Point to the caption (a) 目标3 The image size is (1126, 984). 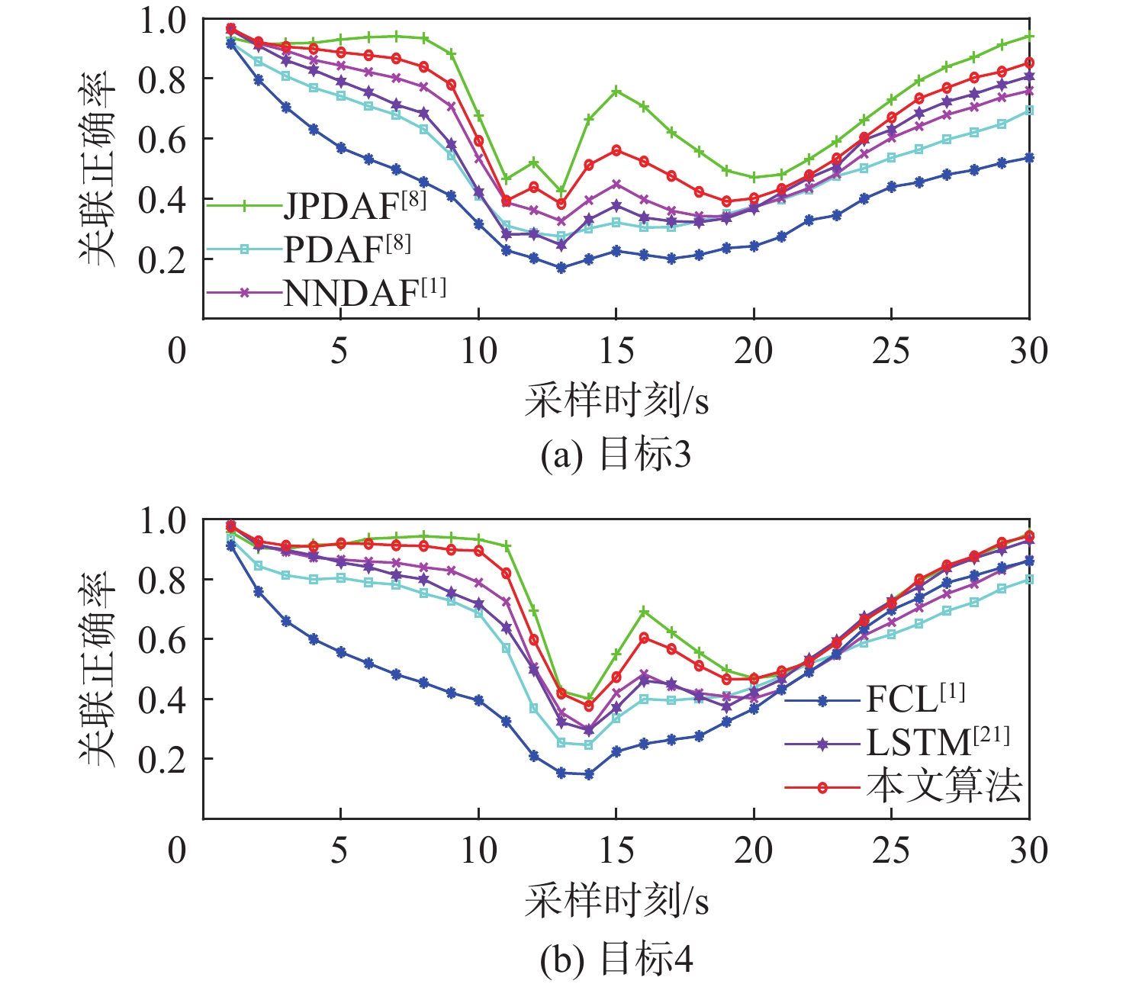pyautogui.click(x=616, y=455)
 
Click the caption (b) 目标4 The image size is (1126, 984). pyautogui.click(x=616, y=958)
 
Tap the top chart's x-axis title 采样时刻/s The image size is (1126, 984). pyautogui.click(x=616, y=400)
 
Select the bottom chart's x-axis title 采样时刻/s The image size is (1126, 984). pyautogui.click(x=616, y=901)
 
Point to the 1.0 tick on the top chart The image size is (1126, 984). pyautogui.click(x=162, y=21)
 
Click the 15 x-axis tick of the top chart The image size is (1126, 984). pyautogui.click(x=616, y=351)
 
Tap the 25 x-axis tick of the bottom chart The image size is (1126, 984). pyautogui.click(x=891, y=851)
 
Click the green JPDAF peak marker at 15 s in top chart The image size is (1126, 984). pyautogui.click(x=616, y=91)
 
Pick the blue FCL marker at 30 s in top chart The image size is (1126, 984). pyautogui.click(x=1029, y=158)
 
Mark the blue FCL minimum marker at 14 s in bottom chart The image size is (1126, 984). pyautogui.click(x=588, y=774)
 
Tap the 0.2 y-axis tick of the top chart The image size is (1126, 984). pyautogui.click(x=162, y=259)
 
